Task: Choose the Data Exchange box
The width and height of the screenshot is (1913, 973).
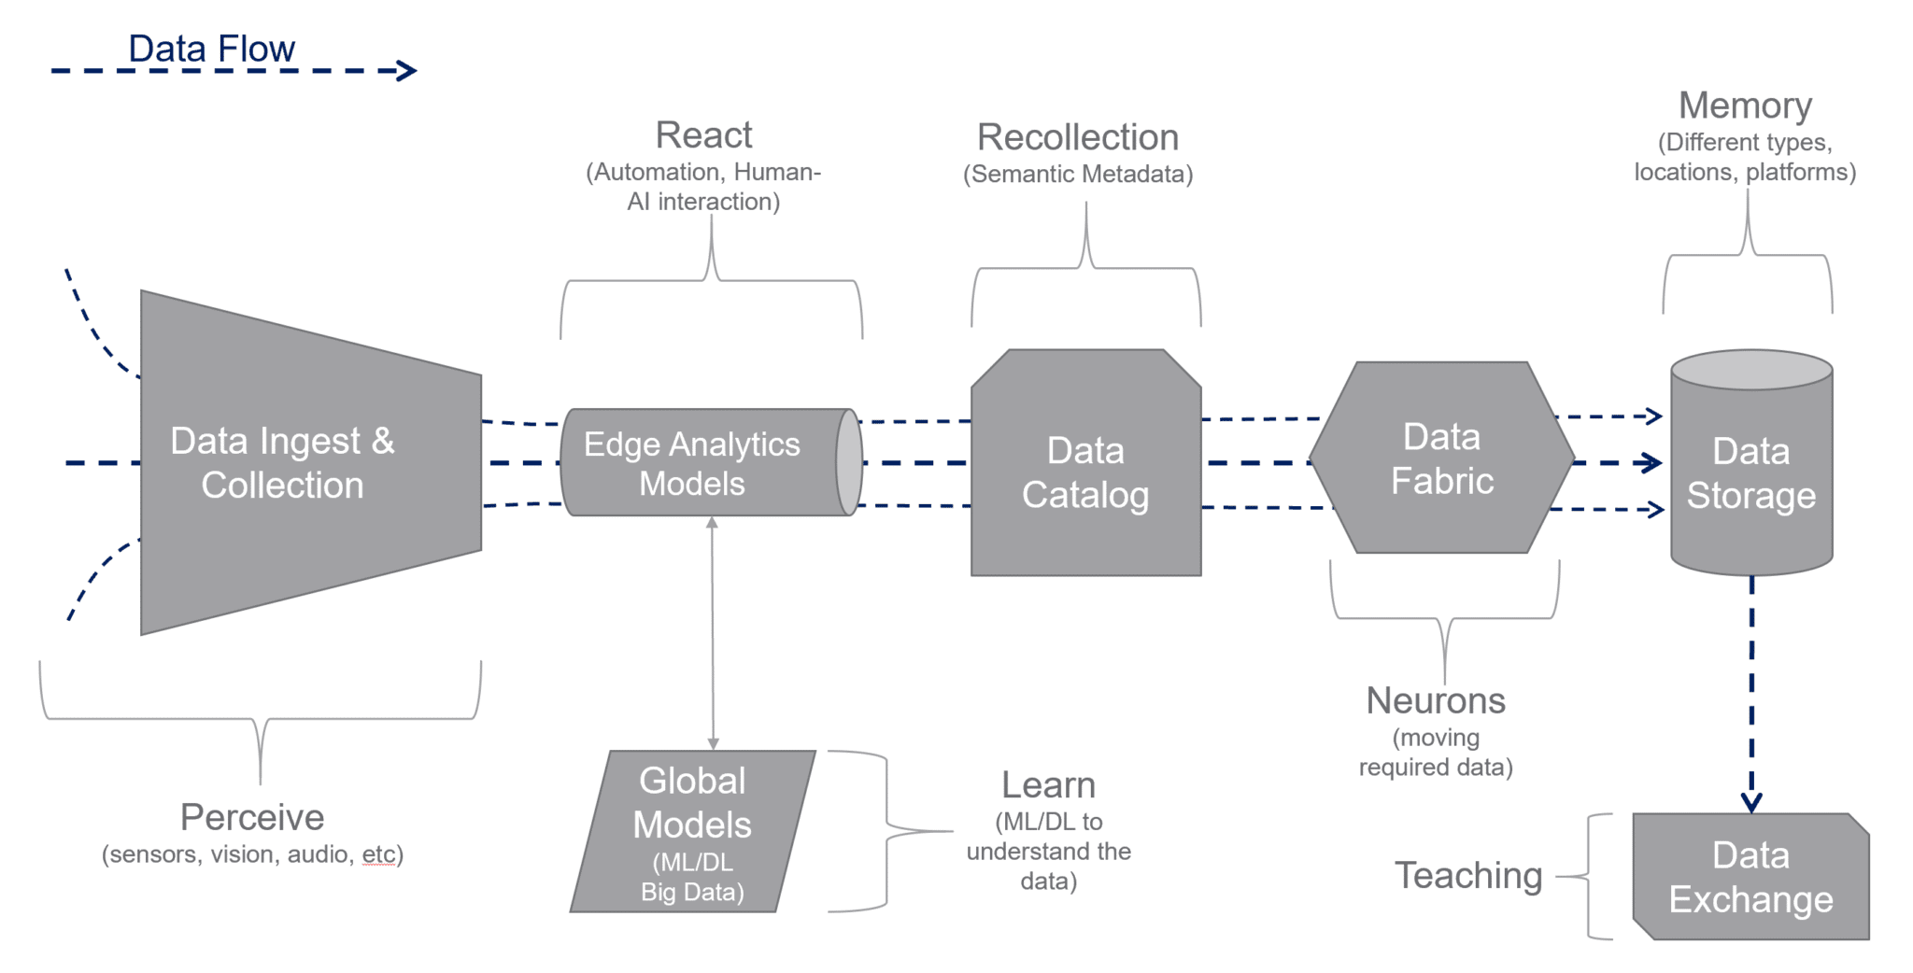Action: click(x=1751, y=877)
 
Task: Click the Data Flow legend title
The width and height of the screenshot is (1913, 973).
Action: click(x=211, y=49)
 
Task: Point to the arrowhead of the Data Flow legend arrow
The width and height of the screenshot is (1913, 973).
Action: click(x=408, y=70)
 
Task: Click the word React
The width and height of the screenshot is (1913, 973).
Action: click(x=703, y=135)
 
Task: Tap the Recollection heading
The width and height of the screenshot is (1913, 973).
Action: click(x=1077, y=137)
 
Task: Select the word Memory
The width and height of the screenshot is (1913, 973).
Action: click(x=1745, y=106)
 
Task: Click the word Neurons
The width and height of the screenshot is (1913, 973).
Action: click(x=1436, y=700)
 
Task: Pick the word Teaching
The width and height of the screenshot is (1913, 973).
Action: click(x=1468, y=875)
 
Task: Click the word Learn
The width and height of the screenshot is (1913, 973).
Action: click(x=1048, y=785)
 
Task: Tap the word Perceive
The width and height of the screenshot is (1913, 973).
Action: click(x=252, y=817)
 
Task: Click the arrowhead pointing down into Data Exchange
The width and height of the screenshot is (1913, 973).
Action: click(x=1751, y=803)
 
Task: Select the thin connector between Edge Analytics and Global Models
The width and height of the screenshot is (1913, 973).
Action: click(x=713, y=635)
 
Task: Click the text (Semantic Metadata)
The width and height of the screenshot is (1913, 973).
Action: click(x=1078, y=175)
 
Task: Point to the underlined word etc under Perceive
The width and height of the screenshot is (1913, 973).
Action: click(x=379, y=854)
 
